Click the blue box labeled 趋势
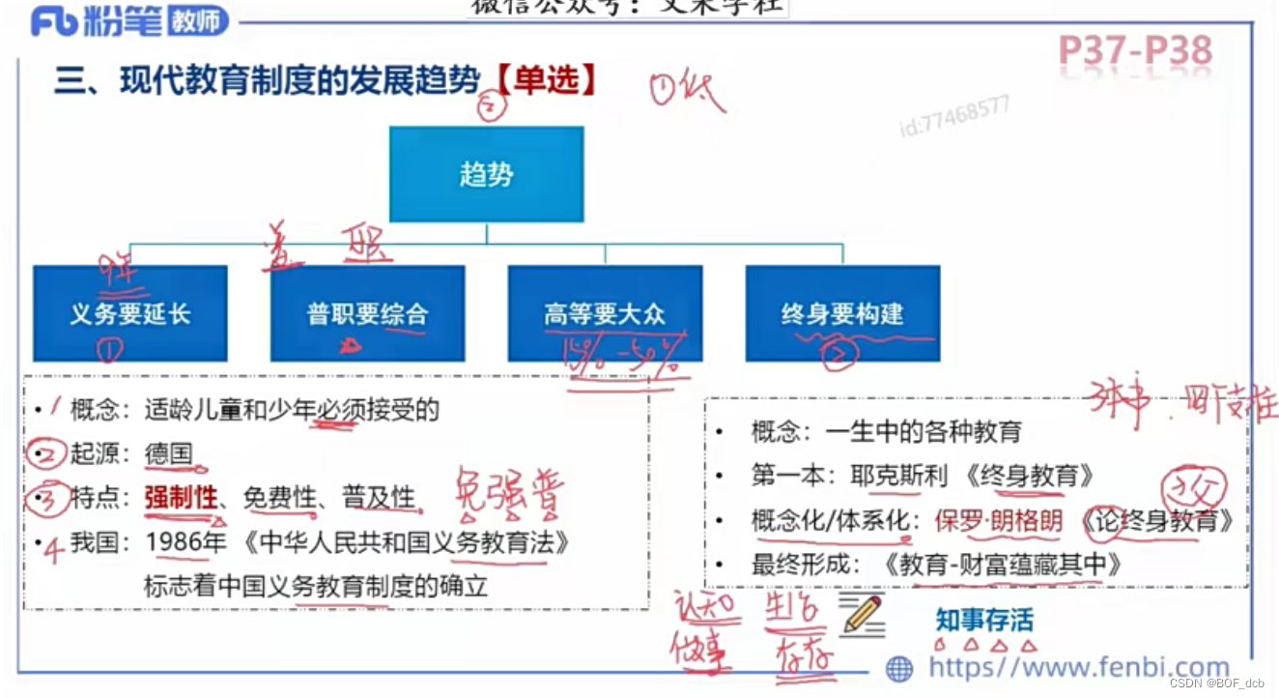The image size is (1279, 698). (x=486, y=174)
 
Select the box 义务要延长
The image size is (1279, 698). (x=130, y=313)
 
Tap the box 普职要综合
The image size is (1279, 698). (x=367, y=313)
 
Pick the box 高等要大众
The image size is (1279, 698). (x=605, y=313)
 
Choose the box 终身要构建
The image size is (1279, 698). (x=842, y=313)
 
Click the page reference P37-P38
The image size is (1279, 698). (x=1135, y=50)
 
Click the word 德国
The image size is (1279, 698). (x=169, y=453)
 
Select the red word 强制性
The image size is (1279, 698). (x=181, y=498)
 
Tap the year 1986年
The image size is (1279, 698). (x=185, y=542)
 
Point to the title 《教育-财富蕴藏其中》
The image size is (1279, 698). (x=1002, y=566)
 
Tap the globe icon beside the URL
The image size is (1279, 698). (x=899, y=668)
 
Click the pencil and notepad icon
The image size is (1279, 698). (x=862, y=616)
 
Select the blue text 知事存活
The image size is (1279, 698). (x=983, y=619)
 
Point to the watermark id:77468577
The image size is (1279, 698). (x=954, y=117)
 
